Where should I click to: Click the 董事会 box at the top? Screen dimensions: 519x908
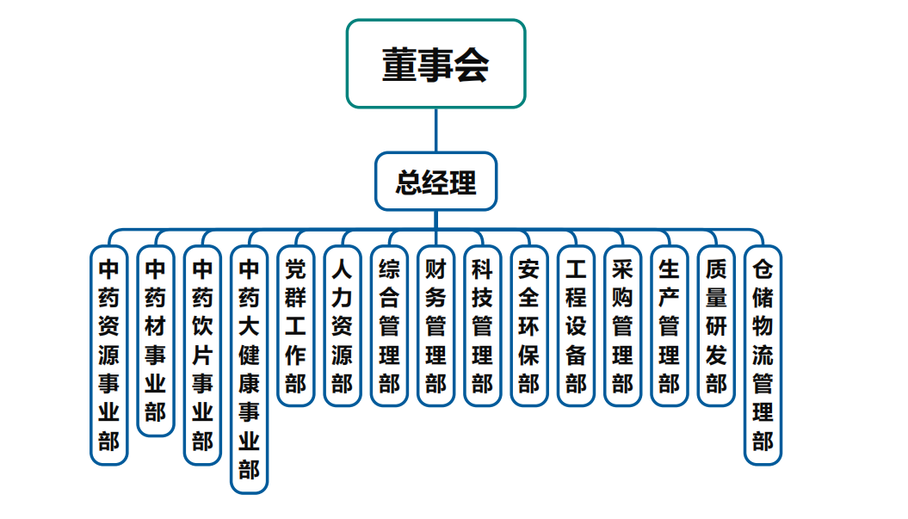point(435,64)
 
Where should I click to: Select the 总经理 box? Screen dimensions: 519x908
point(435,182)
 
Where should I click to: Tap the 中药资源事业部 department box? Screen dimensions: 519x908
point(108,355)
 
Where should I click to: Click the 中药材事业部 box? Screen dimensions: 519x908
point(155,341)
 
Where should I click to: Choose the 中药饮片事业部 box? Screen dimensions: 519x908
point(202,355)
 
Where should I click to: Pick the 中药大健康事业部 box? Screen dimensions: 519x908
point(249,369)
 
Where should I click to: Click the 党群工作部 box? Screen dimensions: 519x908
point(295,326)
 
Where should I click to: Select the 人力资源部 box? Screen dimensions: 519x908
point(342,326)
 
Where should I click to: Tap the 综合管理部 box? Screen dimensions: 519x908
point(389,326)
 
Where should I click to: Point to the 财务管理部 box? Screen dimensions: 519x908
point(435,326)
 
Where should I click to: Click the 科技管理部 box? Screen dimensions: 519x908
point(482,326)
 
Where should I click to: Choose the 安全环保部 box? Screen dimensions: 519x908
point(528,326)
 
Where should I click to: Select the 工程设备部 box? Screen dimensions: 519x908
point(576,326)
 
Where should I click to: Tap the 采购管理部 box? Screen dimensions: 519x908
point(622,326)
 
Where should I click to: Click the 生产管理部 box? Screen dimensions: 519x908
point(669,326)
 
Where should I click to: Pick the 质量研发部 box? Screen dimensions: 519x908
point(716,326)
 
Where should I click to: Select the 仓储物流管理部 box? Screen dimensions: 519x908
point(763,355)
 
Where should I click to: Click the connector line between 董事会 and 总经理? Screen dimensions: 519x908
point(435,130)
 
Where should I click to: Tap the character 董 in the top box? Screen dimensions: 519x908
point(399,65)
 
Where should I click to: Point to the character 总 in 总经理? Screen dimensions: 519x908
point(409,182)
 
